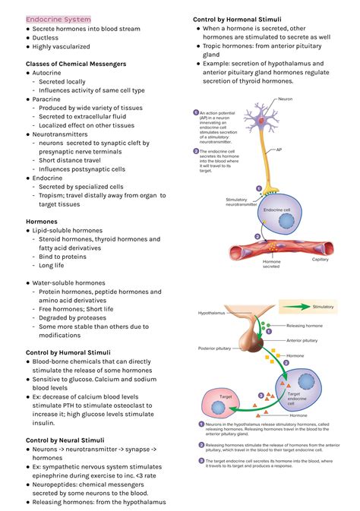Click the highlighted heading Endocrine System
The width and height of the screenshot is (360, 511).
(58, 19)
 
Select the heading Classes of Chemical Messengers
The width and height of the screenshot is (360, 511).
(76, 64)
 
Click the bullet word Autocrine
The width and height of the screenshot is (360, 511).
(48, 73)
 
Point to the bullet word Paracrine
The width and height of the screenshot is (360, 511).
(47, 99)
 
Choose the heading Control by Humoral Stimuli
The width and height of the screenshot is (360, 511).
(68, 352)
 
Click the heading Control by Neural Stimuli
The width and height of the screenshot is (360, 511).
(65, 440)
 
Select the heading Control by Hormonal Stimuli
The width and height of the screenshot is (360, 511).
(237, 19)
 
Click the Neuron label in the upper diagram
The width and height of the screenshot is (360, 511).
(285, 99)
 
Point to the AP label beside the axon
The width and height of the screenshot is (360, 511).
(279, 150)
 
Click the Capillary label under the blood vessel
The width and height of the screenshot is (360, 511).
(321, 260)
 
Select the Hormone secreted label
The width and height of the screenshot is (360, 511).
(271, 263)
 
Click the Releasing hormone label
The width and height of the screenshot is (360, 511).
(304, 325)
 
